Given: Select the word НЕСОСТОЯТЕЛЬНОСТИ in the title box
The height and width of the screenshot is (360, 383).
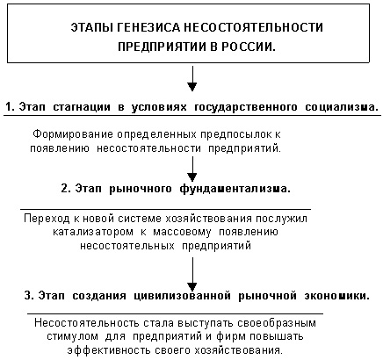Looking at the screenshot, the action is click(253, 27).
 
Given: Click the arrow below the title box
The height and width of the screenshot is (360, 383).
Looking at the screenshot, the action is click(192, 78).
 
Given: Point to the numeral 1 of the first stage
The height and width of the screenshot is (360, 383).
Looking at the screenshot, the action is click(9, 107).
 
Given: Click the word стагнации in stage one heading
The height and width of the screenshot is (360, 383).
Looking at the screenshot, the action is click(82, 107).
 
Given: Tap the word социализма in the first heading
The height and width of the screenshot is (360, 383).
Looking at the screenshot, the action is click(341, 107).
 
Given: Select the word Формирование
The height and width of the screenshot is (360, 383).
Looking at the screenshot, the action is click(73, 134).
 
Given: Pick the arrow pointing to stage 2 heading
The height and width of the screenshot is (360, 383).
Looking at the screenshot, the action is click(192, 169).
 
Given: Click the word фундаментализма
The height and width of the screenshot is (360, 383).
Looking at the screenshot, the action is click(235, 189).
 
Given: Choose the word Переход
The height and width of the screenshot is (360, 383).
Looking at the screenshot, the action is click(47, 219).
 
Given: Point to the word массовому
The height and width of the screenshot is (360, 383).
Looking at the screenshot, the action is click(182, 233).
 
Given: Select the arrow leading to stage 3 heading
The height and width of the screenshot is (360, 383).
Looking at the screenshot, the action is click(192, 274).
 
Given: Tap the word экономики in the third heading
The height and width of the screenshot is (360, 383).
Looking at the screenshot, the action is click(336, 296).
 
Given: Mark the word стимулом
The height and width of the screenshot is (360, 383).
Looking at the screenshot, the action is click(72, 336).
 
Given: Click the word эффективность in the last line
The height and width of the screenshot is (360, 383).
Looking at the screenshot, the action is click(109, 350).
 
